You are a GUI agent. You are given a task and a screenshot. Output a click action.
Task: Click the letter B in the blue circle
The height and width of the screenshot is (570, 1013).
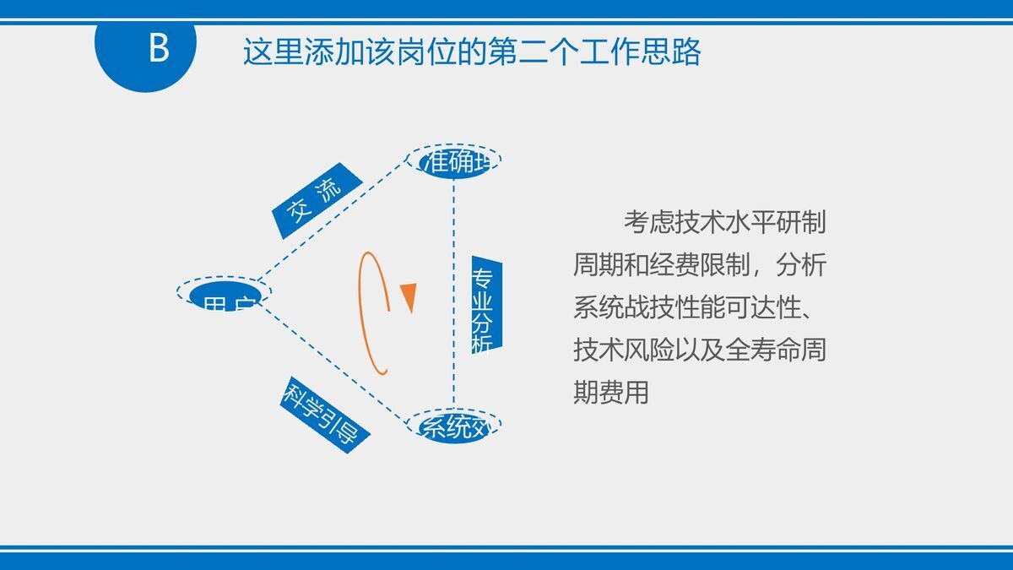pyautogui.click(x=158, y=49)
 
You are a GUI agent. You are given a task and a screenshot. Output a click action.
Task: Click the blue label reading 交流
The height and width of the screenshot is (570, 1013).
pyautogui.click(x=316, y=200)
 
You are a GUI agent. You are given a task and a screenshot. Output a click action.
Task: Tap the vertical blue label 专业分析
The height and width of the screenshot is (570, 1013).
pyautogui.click(x=485, y=301)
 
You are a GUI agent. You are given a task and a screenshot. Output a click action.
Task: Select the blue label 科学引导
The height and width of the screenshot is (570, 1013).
pyautogui.click(x=324, y=414)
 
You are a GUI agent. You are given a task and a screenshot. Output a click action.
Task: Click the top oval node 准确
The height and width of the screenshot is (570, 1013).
pyautogui.click(x=454, y=160)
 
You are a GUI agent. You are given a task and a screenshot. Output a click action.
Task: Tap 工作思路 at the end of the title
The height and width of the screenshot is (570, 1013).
pyautogui.click(x=651, y=52)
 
